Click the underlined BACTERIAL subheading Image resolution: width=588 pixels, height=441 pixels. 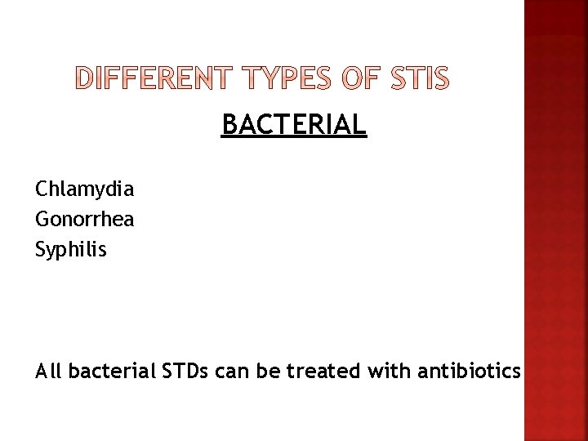(294, 125)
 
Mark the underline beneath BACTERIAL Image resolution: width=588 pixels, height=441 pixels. (294, 138)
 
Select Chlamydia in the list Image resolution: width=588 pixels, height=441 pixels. (85, 190)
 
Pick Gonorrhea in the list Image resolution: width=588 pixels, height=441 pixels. (85, 220)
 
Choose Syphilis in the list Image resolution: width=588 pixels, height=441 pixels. (71, 249)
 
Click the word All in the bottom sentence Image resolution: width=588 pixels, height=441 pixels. (49, 372)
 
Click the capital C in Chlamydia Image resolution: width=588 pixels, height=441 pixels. (42, 190)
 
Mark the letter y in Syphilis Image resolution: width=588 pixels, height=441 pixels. (52, 252)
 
